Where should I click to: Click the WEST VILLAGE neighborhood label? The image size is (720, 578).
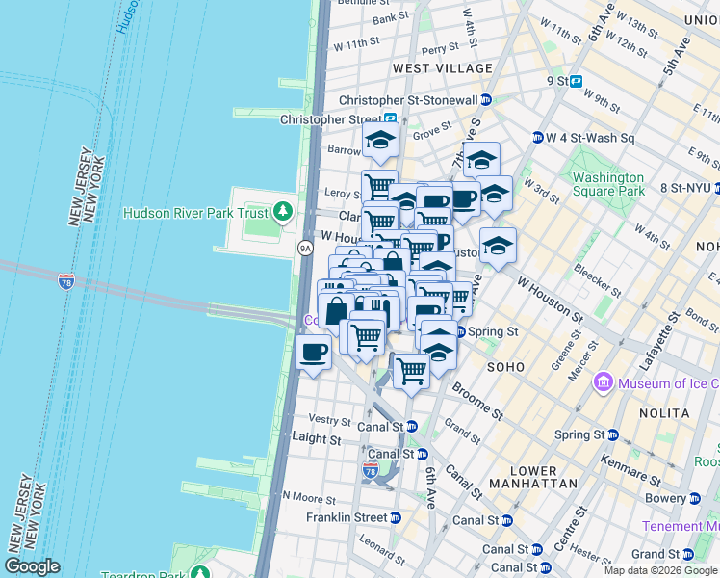[443, 68]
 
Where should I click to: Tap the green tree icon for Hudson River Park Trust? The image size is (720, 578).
[283, 211]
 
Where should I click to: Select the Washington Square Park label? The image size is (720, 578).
[607, 184]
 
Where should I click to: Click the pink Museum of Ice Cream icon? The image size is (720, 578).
[604, 382]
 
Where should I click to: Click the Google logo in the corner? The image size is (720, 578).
[32, 566]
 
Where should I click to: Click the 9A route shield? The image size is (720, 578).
[305, 248]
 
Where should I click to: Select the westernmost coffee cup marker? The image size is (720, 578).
[314, 352]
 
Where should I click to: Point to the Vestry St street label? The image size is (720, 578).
[328, 420]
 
